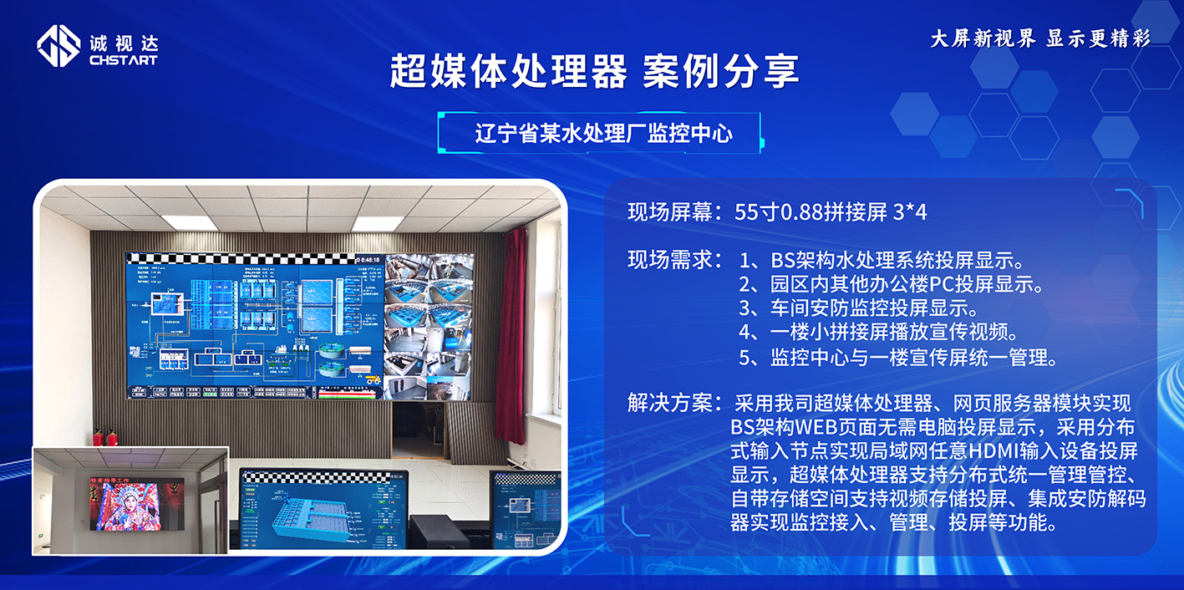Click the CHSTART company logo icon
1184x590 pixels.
[58, 47]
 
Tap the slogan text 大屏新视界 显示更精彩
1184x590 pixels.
[1040, 39]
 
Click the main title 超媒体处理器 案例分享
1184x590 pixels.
[594, 72]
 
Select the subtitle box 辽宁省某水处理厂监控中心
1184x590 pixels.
[603, 134]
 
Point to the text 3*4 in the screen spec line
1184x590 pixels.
[910, 212]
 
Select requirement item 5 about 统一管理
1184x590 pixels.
[899, 358]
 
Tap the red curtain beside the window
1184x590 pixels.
[511, 334]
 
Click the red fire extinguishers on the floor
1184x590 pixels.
[104, 437]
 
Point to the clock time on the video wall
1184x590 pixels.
[368, 260]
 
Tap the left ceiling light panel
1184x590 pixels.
[190, 223]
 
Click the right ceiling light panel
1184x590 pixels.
[377, 223]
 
